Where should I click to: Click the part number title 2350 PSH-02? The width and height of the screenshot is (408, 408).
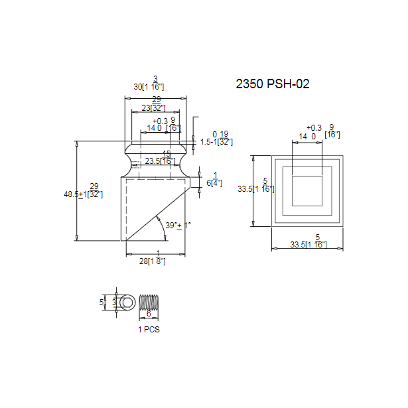pos(273,84)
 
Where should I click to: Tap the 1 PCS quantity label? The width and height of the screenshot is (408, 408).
pos(149,329)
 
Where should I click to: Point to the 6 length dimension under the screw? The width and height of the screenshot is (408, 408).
pos(149,314)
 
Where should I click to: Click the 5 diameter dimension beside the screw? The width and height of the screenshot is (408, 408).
pos(102,302)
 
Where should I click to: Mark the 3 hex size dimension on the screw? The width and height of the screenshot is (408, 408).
pos(114,302)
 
